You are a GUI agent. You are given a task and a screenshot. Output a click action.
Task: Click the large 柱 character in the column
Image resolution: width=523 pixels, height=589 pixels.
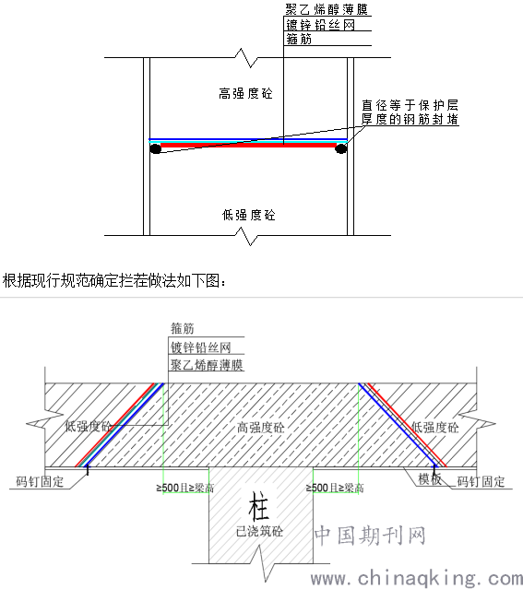coord(258,506)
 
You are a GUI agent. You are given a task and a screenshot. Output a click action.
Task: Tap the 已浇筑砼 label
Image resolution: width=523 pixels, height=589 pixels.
coord(259,531)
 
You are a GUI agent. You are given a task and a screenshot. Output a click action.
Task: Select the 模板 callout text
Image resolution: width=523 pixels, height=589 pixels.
coord(430,479)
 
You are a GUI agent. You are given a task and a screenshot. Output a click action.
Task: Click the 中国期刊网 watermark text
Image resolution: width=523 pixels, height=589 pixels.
coord(371,536)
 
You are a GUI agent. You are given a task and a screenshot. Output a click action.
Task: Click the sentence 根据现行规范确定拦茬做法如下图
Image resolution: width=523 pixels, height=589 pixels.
coord(114,280)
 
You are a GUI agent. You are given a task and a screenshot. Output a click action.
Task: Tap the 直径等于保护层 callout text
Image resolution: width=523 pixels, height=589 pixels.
coord(410,105)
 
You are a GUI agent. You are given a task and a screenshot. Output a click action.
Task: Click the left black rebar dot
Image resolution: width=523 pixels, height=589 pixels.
coord(155,149)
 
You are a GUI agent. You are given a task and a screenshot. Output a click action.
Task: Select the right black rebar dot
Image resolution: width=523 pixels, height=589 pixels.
coord(340,148)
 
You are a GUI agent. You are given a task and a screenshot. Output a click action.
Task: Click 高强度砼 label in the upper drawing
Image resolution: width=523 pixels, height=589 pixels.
coord(245,93)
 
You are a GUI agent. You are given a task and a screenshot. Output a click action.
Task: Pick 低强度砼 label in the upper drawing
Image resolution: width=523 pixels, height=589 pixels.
coord(248,215)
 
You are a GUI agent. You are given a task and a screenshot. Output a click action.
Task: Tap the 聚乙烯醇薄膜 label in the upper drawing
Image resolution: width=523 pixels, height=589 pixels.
coord(327,9)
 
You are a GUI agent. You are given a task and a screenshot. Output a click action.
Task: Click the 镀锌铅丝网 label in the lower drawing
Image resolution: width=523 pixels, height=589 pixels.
coord(200,348)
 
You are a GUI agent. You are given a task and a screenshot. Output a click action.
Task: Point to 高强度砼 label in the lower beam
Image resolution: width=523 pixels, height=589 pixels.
coord(260,428)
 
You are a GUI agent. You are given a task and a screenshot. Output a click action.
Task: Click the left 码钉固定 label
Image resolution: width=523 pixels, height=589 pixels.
coord(40,481)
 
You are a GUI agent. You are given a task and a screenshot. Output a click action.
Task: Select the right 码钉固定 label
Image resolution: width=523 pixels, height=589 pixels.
coord(481,481)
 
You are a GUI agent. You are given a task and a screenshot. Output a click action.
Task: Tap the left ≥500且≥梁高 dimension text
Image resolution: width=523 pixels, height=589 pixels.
coord(185,488)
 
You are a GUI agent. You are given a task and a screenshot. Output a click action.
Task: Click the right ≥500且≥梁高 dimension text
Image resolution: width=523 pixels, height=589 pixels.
coord(335,488)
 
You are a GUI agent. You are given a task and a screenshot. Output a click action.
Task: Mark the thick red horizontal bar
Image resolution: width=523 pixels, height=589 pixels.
coord(248,145)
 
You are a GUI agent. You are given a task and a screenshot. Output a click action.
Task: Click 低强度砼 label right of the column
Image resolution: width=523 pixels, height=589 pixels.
coord(435,428)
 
